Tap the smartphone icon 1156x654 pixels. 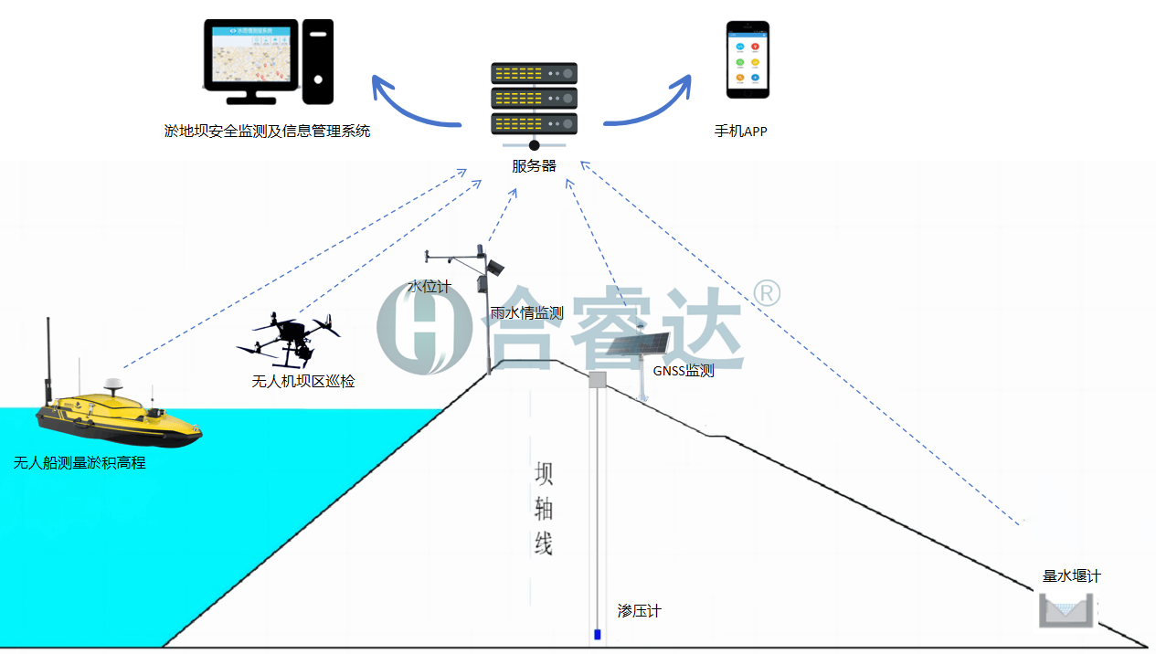coord(748,59)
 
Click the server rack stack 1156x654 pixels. coord(535,98)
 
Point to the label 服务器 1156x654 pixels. coord(534,166)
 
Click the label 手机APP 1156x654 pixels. coord(740,132)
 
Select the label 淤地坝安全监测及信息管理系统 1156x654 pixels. coord(267,132)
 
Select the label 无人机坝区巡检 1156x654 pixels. coord(302,382)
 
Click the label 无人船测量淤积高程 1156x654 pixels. coord(80,463)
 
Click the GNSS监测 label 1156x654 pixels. coord(683,372)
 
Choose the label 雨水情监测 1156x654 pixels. coord(526,313)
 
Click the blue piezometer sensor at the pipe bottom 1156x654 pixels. coord(598,634)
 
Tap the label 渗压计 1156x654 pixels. coord(639,611)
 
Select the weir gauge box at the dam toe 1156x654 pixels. coord(1066,610)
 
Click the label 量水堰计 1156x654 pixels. coord(1071,576)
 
